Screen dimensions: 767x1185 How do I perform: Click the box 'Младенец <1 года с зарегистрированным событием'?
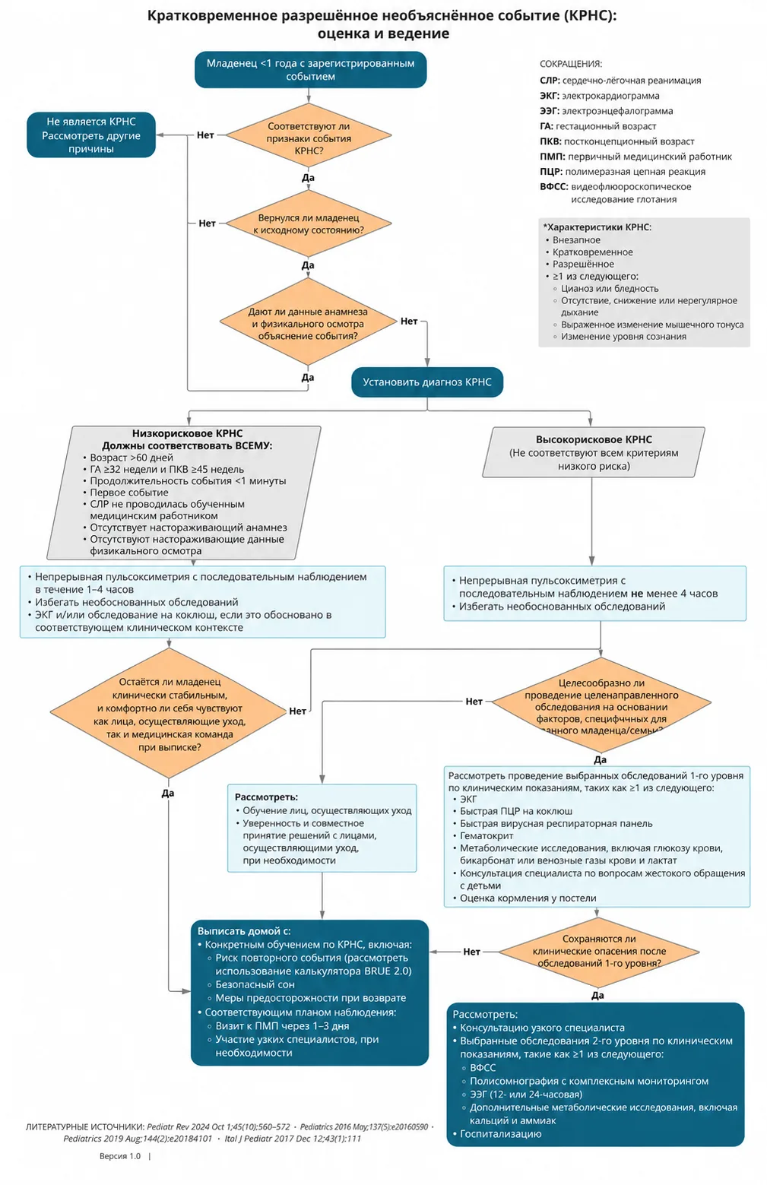310,69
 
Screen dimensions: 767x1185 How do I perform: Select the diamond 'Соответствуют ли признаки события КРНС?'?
309,135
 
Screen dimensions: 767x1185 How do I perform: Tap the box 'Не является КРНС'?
91,135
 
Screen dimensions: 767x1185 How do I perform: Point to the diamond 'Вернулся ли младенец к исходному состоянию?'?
309,223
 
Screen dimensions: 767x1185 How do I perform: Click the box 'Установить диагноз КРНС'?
427,382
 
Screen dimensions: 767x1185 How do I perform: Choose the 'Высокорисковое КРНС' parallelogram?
594,452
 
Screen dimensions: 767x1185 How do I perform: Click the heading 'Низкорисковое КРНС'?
187,433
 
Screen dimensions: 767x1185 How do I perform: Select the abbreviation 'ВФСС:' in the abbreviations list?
554,187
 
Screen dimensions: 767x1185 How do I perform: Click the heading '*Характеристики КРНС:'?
597,227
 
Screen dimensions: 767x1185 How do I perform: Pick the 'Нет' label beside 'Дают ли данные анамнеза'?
409,321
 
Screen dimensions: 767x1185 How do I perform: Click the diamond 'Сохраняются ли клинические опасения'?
599,951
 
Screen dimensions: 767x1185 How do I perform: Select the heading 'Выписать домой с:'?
244,931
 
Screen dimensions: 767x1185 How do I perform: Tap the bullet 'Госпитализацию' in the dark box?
500,1133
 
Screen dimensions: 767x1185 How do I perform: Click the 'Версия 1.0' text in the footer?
120,1156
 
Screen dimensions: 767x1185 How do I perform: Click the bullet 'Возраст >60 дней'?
132,458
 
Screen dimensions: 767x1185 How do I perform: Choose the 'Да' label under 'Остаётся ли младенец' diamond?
168,793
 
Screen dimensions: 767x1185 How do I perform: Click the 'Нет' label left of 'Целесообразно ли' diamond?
474,702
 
